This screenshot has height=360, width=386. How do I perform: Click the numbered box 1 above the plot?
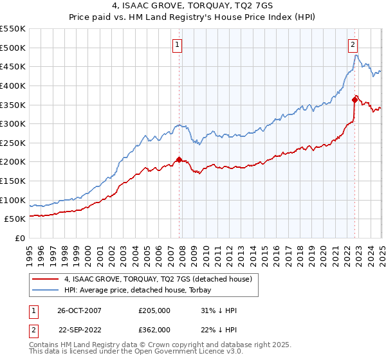pyautogui.click(x=176, y=45)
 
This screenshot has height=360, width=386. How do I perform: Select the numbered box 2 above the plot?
pyautogui.click(x=353, y=45)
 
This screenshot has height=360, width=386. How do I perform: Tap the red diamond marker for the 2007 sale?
pyautogui.click(x=179, y=159)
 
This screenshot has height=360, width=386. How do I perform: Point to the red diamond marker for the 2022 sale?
pyautogui.click(x=354, y=100)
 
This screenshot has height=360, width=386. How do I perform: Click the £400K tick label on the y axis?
pyautogui.click(x=13, y=85)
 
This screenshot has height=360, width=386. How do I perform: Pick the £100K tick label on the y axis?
pyautogui.click(x=13, y=200)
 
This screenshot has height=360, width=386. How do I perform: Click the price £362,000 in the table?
pyautogui.click(x=154, y=329)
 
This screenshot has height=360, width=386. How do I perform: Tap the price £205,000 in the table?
pyautogui.click(x=154, y=310)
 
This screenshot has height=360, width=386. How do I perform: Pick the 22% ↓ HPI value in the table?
pyautogui.click(x=219, y=329)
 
